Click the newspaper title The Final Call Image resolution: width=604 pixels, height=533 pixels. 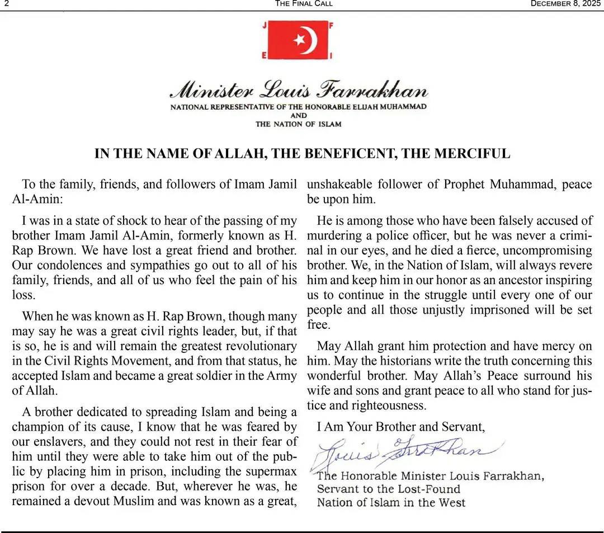point(304,3)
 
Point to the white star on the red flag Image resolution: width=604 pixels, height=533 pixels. point(299,39)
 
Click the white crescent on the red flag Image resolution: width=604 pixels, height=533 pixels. point(309,40)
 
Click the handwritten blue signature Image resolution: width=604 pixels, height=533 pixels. point(403,452)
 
